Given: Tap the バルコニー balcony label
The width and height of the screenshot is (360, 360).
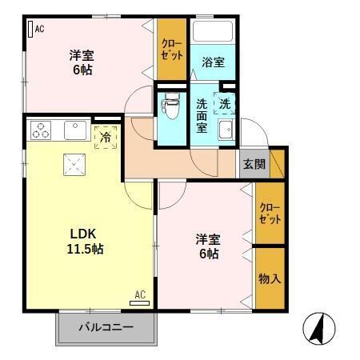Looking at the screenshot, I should [x=105, y=328].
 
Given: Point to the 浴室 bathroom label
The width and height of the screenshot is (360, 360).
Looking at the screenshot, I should [x=212, y=62].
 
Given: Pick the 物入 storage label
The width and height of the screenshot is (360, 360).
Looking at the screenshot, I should [x=270, y=278].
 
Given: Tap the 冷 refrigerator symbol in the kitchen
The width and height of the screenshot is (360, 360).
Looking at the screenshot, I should [x=106, y=136].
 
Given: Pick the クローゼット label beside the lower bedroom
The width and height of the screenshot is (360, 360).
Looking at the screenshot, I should [x=270, y=212].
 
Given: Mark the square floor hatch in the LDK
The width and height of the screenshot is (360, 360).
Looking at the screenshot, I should [x=76, y=164].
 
